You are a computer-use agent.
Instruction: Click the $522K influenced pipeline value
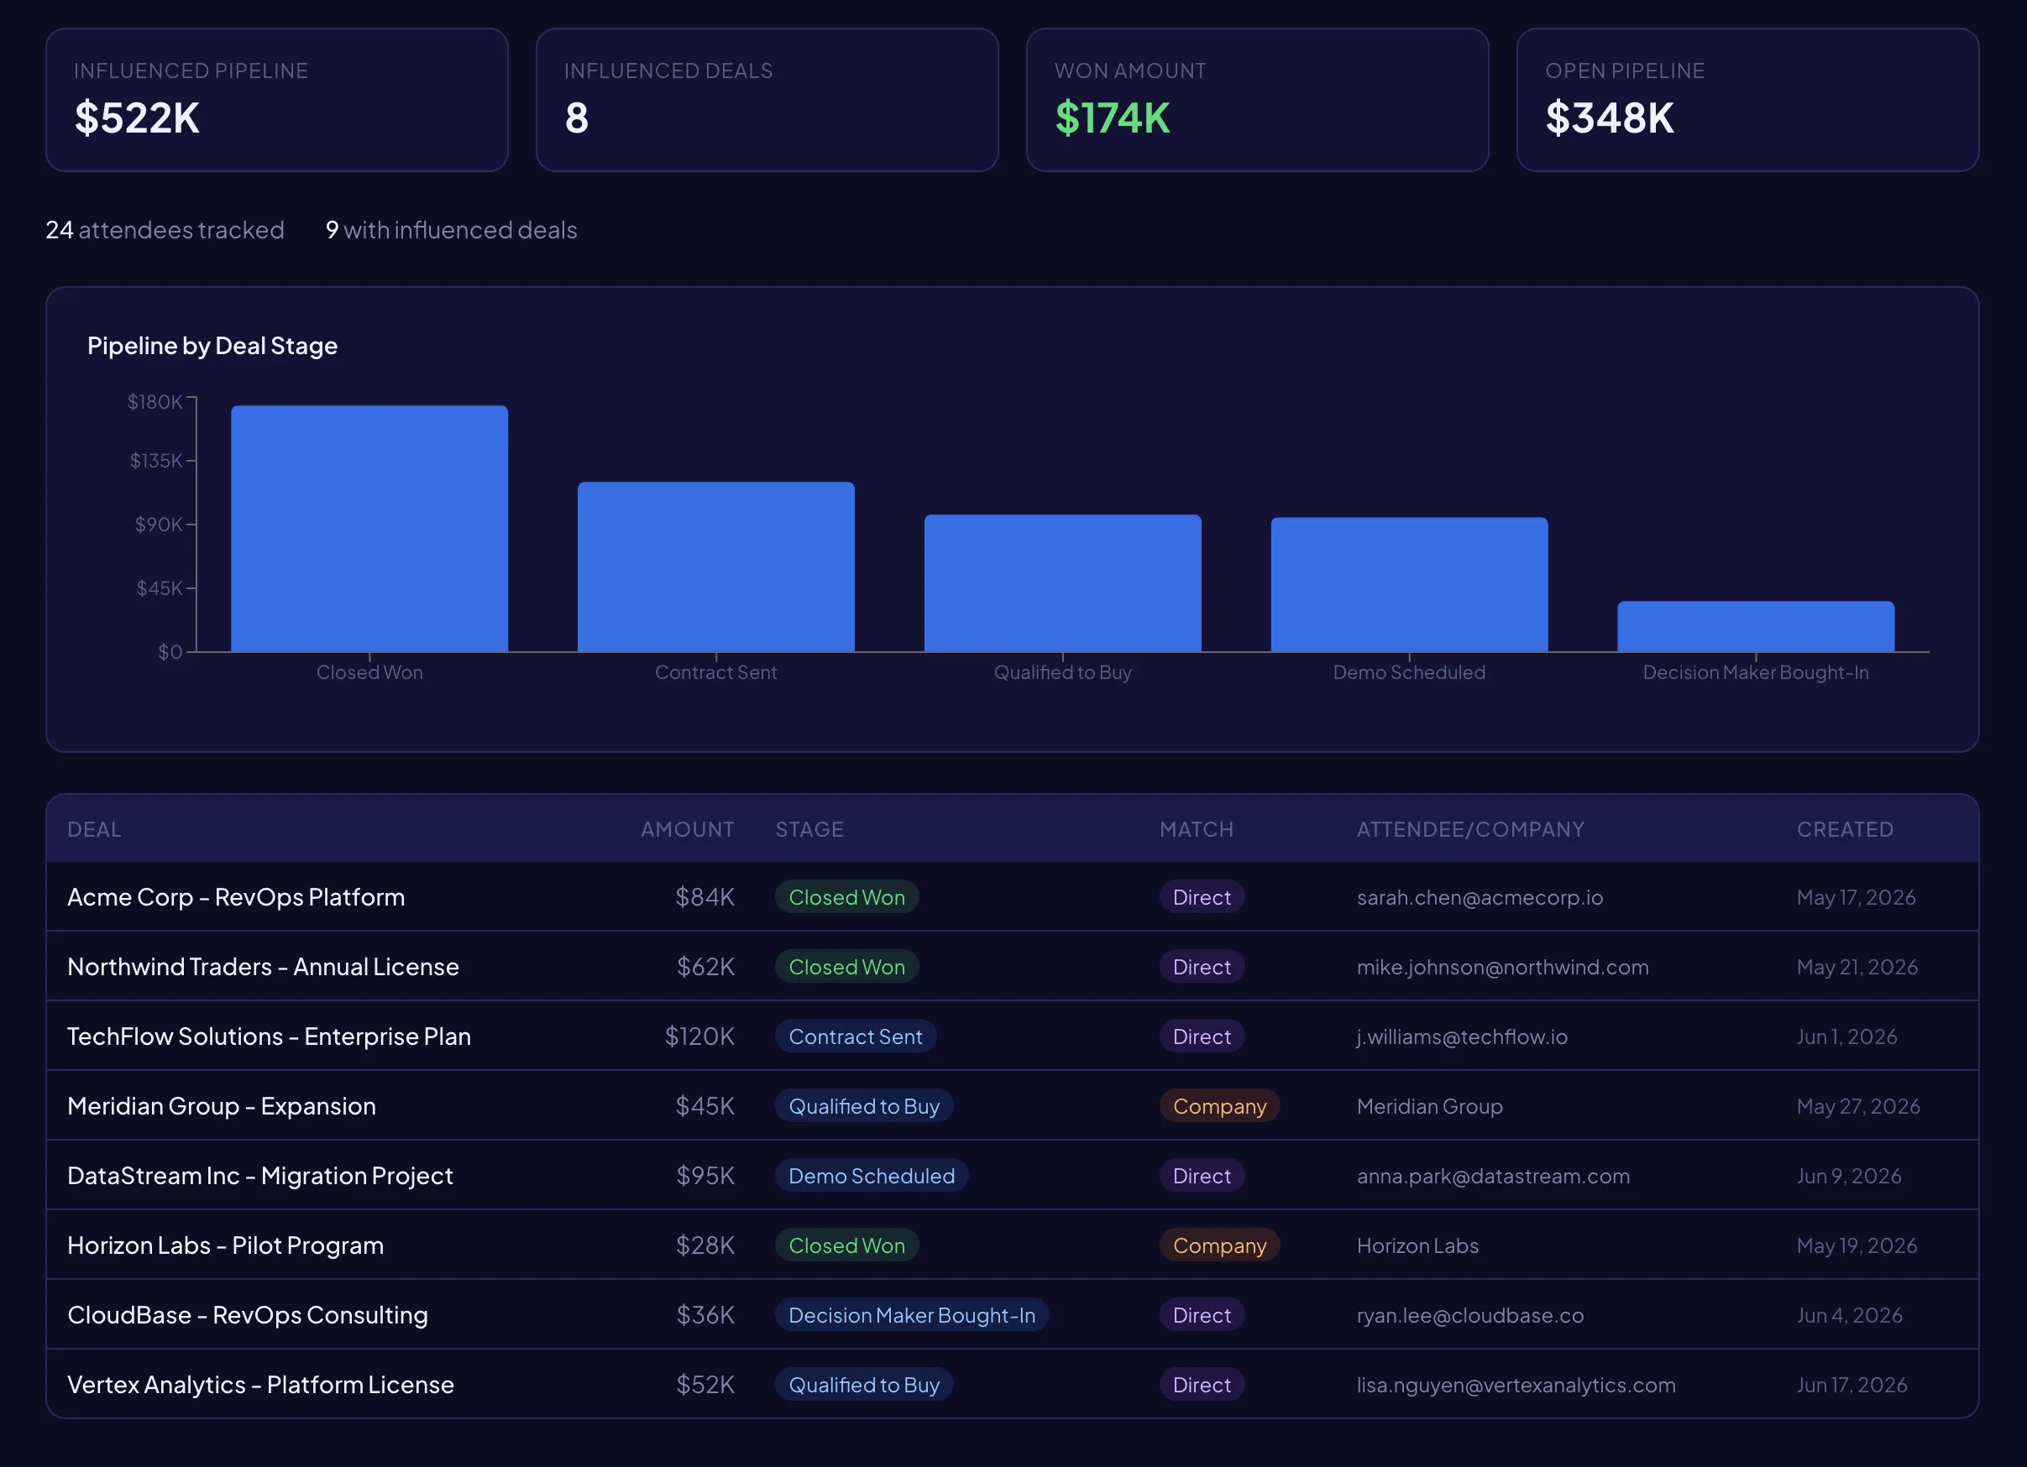tap(137, 118)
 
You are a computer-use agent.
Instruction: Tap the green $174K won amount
tap(1112, 118)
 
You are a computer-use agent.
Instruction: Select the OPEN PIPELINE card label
tap(1624, 70)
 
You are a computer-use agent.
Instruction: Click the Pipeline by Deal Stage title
tap(212, 346)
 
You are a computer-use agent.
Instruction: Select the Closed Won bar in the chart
tap(369, 529)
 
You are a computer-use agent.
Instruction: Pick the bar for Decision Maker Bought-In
tap(1754, 626)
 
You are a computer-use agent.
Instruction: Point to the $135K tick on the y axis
tap(155, 460)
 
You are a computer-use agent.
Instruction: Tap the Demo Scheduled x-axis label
tap(1408, 672)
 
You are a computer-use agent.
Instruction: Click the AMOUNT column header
tap(686, 829)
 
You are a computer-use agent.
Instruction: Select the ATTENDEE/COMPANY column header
tap(1470, 829)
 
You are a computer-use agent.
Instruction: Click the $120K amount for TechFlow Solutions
tap(699, 1036)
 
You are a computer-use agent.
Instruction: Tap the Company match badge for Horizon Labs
tap(1219, 1245)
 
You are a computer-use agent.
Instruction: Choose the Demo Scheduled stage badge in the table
tap(871, 1176)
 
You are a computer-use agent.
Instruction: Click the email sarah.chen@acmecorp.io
tap(1480, 897)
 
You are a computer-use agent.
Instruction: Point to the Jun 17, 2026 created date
tap(1851, 1385)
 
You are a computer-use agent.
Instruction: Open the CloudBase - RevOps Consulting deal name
tap(248, 1315)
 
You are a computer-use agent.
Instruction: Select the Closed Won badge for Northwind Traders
tap(846, 967)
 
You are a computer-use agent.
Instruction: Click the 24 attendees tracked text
tap(165, 230)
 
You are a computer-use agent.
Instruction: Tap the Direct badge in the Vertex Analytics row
tap(1202, 1385)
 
